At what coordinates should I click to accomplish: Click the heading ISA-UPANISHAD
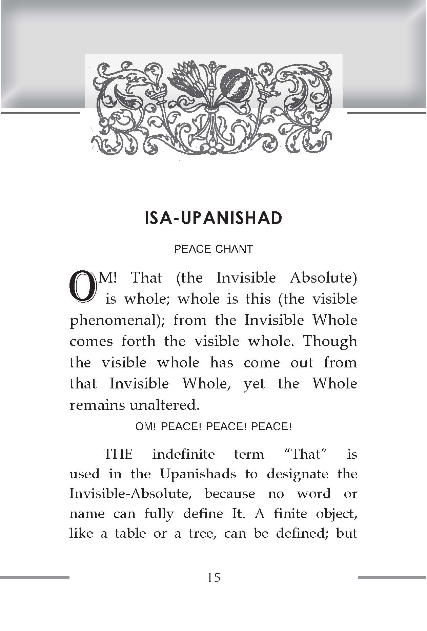point(213,219)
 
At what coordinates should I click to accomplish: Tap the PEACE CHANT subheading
point(213,249)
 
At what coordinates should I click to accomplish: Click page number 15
point(213,577)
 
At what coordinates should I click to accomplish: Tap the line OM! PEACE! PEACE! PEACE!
point(213,427)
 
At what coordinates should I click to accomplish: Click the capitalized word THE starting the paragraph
point(118,454)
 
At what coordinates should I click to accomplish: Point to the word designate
point(298,474)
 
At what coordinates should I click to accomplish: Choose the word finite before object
point(287,514)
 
